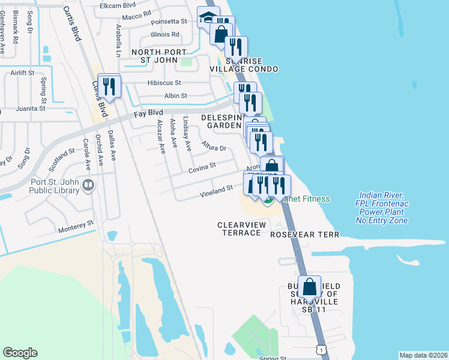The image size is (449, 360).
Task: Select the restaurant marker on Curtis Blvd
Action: [109, 85]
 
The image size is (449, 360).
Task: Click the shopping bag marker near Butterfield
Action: [310, 287]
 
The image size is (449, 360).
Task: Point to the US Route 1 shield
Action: [322, 349]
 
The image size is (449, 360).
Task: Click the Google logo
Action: [20, 353]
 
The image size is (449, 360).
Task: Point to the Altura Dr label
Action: [214, 147]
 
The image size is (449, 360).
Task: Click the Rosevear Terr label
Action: [305, 235]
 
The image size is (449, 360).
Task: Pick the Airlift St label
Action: [23, 73]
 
